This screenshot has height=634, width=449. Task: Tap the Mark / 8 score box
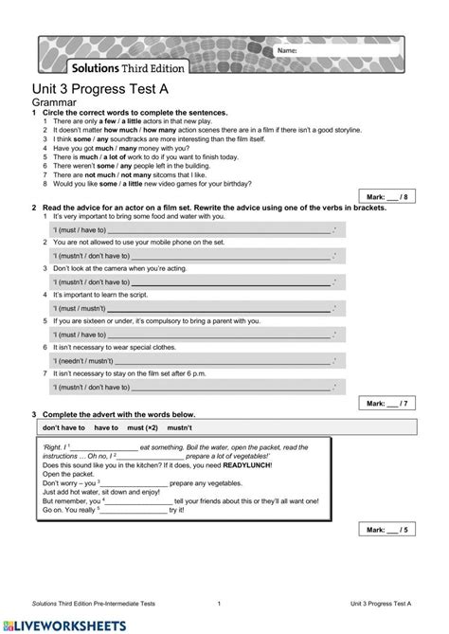tap(388, 197)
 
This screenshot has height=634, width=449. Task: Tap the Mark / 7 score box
tap(388, 403)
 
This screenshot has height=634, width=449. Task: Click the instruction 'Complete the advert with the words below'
tap(118, 414)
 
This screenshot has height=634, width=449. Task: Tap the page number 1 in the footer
tap(219, 603)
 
